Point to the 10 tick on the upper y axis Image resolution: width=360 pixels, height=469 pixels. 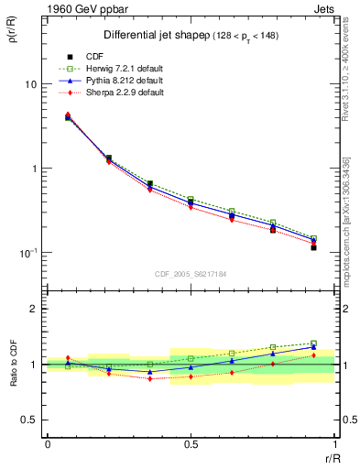[29, 84]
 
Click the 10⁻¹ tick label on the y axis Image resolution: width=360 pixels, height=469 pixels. [27, 253]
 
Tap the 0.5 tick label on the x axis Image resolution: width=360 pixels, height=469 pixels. [191, 444]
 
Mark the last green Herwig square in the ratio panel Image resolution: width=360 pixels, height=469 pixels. [313, 344]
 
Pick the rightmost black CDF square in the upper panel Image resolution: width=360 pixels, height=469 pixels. [313, 247]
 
